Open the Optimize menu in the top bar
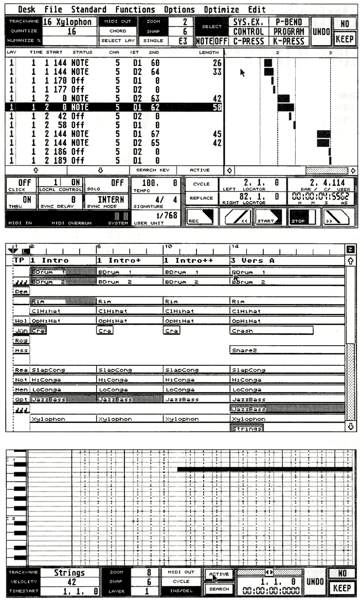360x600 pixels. click(x=222, y=9)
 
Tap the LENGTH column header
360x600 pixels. click(x=209, y=52)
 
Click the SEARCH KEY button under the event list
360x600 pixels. click(x=153, y=169)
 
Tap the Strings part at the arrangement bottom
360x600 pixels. click(x=244, y=428)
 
